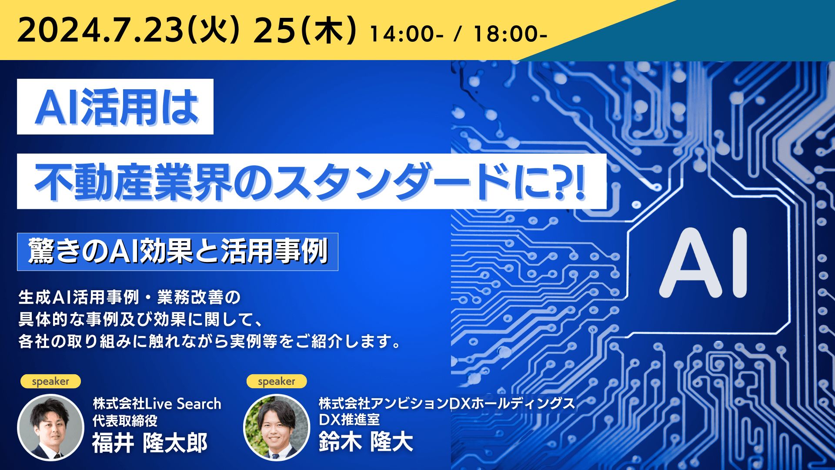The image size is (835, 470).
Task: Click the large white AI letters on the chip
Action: point(705,264)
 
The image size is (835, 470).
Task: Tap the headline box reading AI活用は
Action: point(115,107)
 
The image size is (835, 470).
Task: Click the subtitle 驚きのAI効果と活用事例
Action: point(177,252)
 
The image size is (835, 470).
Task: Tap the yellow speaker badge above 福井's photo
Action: point(50,381)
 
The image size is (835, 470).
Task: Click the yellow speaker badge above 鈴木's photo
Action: point(277,381)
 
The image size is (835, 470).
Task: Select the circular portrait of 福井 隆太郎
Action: point(50,427)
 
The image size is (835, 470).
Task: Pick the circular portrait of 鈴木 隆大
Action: point(277,427)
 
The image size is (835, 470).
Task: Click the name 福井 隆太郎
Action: point(150,443)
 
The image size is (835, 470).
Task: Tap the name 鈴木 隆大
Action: point(366,442)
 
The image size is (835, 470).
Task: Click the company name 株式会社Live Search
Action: point(157,404)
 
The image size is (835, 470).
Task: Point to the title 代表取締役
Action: point(125,421)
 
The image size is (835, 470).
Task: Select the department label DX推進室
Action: point(349,420)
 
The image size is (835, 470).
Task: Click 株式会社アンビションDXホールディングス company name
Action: point(447,403)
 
